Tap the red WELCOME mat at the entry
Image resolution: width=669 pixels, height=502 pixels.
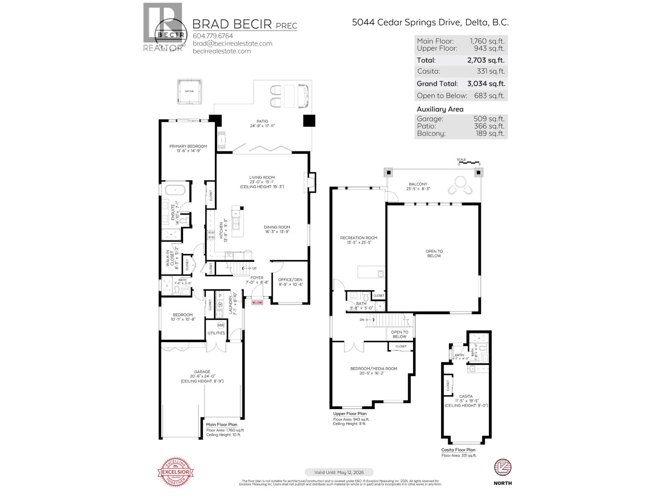[257, 302]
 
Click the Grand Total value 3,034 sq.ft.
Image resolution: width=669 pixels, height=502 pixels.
[486, 84]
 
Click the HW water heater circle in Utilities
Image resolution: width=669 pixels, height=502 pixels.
[221, 325]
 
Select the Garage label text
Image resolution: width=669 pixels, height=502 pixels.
[202, 371]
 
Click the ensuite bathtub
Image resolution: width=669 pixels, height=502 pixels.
[176, 190]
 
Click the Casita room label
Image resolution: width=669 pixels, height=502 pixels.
[466, 396]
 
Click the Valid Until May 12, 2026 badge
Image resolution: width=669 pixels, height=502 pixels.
[339, 472]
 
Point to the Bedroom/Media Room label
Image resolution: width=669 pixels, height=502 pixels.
[373, 369]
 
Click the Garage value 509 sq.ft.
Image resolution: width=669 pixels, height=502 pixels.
[489, 119]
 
